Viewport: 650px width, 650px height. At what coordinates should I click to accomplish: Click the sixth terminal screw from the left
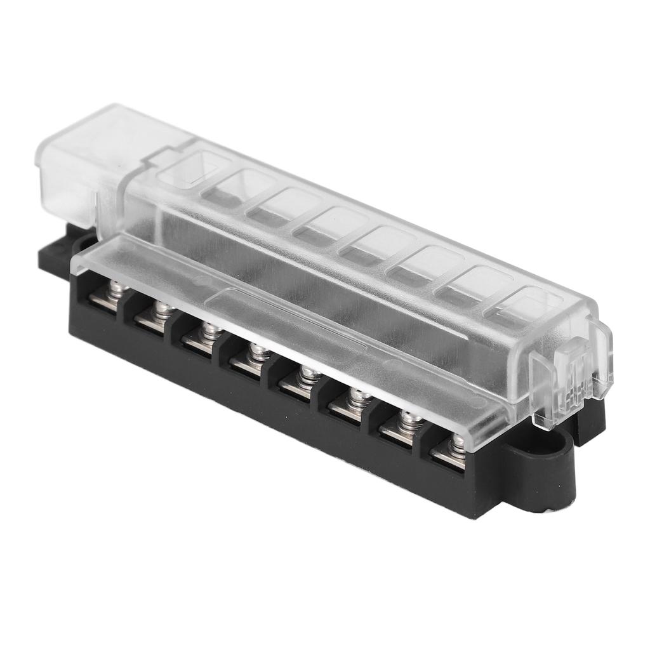[x=356, y=397]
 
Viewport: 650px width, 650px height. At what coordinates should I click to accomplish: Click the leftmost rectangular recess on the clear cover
[x=194, y=166]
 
